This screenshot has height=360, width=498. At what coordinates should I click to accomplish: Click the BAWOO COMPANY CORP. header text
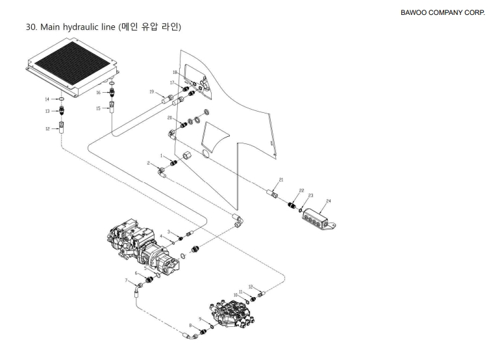(x=447, y=12)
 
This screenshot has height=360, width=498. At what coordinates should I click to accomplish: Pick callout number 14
(x=47, y=99)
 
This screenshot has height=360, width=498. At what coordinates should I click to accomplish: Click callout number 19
(x=151, y=93)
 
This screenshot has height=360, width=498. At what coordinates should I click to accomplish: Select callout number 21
(x=281, y=179)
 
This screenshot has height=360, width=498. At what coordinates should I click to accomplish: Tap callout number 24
(x=329, y=202)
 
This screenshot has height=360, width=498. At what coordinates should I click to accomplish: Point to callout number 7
(x=126, y=280)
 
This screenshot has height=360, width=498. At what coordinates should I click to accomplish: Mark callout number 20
(x=170, y=118)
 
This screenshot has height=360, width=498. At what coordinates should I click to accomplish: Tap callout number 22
(x=301, y=190)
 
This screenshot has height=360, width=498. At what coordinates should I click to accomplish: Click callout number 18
(x=175, y=72)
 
